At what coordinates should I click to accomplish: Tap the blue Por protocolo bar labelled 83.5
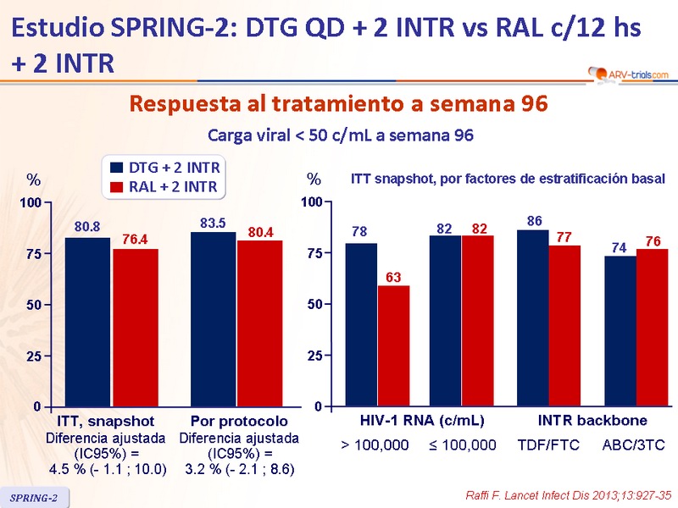click(214, 319)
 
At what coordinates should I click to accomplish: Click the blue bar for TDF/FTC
click(532, 318)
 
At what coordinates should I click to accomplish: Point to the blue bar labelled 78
click(361, 325)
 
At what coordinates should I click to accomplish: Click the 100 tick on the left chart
click(31, 203)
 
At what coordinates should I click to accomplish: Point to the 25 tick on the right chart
click(314, 356)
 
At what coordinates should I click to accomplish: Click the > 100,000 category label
click(375, 444)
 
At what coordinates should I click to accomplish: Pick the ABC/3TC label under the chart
click(633, 444)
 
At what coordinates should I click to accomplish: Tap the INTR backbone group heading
click(592, 421)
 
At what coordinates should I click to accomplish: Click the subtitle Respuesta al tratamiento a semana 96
click(338, 105)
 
